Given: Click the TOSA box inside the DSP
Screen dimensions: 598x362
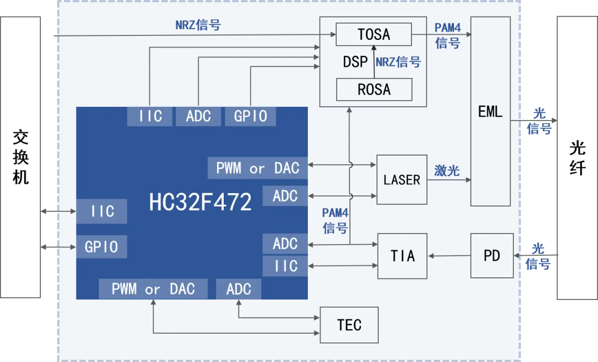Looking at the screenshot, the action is coord(374,34).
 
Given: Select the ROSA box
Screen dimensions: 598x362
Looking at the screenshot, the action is coord(374,90).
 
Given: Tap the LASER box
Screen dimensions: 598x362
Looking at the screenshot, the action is coord(401,179).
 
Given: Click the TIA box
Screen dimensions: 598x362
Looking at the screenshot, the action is coord(403,256).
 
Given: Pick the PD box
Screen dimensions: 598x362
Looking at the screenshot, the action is coord(492,256).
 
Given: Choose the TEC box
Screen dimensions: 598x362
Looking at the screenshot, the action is coord(349,325).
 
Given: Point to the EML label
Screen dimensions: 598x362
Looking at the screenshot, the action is coord(490,112).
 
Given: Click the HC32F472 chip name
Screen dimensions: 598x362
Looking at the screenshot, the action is coord(200,201).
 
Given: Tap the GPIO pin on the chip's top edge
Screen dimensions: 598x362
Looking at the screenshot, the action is coord(250,116).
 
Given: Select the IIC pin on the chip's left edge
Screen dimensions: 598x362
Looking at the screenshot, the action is coord(102,211).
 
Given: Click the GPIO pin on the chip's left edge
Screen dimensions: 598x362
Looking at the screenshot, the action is coord(101,246).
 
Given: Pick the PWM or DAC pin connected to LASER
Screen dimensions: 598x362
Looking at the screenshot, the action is coord(258,168).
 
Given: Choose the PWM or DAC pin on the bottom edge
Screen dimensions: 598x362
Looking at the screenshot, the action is coord(153,289).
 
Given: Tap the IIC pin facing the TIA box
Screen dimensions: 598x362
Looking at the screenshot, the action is coord(285,266).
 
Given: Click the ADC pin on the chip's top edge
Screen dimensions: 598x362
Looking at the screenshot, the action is coord(198,116).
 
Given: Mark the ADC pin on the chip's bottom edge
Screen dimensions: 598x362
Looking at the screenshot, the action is coord(239,289).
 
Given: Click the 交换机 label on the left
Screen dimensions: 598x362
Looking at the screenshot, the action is coord(20,157).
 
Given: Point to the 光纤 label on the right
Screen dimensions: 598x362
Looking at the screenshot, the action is coord(578,158).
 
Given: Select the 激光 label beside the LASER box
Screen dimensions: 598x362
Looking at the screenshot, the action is coord(447,170).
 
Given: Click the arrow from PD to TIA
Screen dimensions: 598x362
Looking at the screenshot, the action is coord(449,256).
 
